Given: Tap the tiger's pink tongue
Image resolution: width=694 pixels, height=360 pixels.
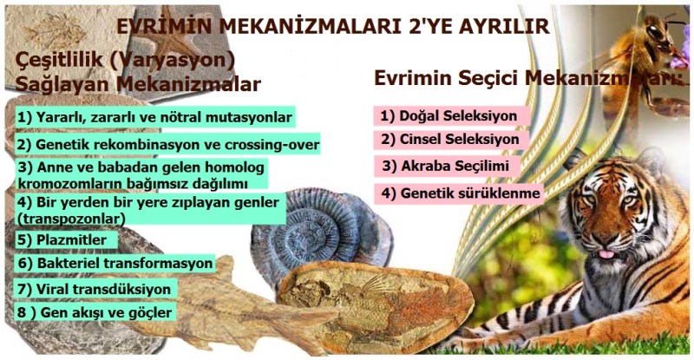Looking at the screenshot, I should click(x=605, y=256).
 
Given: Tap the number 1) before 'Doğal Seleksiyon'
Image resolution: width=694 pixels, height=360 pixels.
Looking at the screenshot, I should click(x=386, y=115).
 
